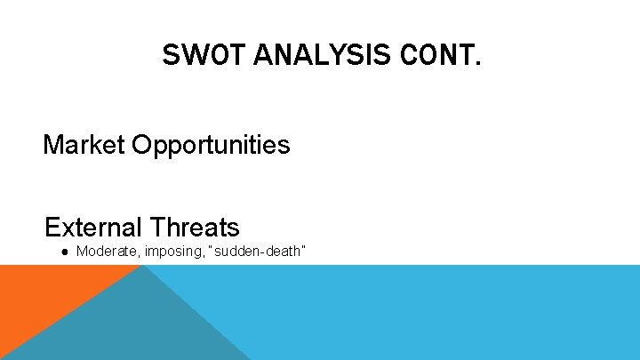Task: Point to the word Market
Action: (x=84, y=145)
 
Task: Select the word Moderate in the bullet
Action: (x=105, y=252)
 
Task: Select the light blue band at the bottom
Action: (x=427, y=311)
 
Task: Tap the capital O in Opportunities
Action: (x=142, y=145)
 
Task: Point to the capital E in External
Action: (x=52, y=227)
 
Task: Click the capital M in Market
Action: (x=53, y=145)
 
